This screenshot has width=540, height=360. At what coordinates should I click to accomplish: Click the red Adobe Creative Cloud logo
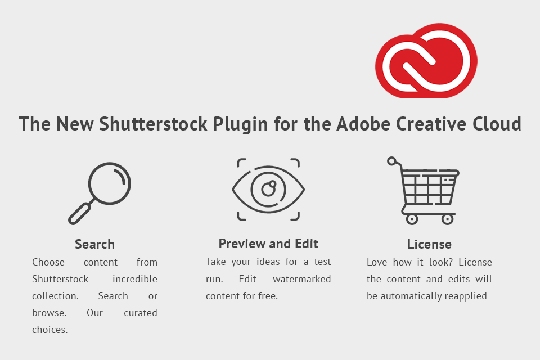[426, 61]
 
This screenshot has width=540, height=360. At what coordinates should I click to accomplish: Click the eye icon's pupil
[268, 188]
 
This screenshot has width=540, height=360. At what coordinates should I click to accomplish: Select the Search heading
[94, 244]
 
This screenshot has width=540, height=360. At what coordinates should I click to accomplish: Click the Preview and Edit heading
[268, 244]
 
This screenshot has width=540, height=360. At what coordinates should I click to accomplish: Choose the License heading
[429, 244]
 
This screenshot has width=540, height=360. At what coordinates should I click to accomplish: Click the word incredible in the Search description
[135, 279]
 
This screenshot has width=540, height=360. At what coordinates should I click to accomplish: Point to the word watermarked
[301, 279]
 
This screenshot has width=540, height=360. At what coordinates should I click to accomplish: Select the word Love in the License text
[377, 262]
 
